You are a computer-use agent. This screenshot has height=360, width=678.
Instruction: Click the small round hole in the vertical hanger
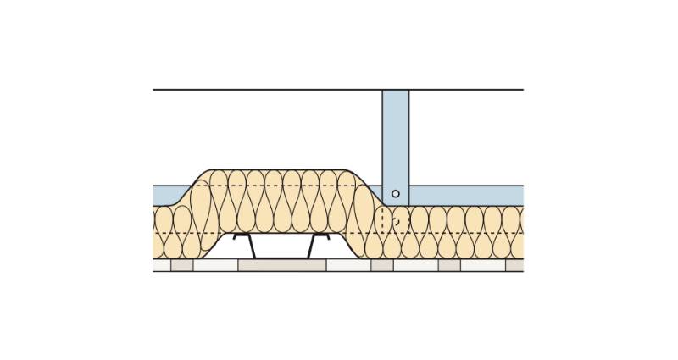[x=396, y=194]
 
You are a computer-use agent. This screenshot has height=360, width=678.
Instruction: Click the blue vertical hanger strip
[x=396, y=136]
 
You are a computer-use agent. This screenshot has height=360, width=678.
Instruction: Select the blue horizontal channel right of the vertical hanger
[x=466, y=195]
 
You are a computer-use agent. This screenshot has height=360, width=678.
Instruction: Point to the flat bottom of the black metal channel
[x=282, y=258]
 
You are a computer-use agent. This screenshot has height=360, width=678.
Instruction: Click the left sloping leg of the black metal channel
[x=252, y=246]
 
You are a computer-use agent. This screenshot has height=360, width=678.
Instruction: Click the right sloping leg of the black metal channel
[x=314, y=246]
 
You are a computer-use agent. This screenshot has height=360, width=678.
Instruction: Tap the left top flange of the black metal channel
[x=241, y=235]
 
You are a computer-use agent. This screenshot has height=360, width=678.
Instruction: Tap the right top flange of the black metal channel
[x=323, y=235]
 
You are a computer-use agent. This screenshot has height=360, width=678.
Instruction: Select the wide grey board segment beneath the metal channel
[x=282, y=265]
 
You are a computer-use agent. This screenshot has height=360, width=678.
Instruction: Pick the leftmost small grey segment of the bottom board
[x=182, y=265]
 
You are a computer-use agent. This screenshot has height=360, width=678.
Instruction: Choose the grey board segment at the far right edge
[x=514, y=265]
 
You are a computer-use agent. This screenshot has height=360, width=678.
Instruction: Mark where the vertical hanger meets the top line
[x=396, y=90]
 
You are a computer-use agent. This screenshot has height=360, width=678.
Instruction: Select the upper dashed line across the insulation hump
[x=280, y=186]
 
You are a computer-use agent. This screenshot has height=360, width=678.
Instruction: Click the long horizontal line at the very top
[x=254, y=89]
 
